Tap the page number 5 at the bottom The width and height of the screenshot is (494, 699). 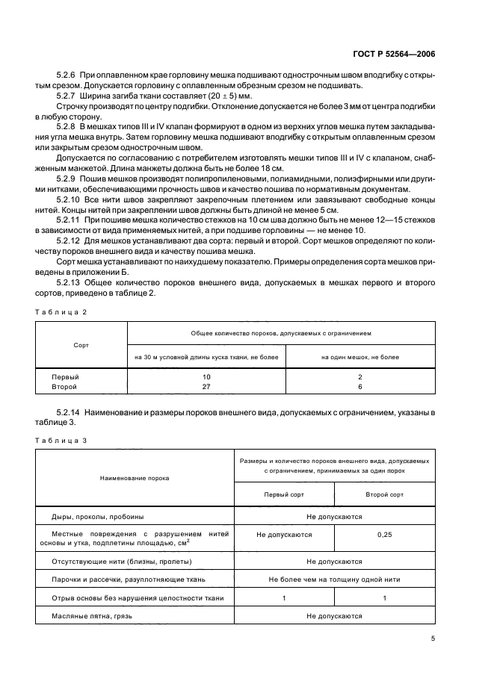click(433, 638)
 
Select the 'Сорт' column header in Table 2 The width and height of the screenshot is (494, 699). click(81, 346)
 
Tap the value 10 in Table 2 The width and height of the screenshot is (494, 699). click(206, 377)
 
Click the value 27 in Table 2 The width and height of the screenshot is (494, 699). click(206, 387)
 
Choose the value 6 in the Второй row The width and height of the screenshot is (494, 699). click(359, 387)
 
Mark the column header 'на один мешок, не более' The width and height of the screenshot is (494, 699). click(359, 357)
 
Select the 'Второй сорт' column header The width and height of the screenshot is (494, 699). click(384, 494)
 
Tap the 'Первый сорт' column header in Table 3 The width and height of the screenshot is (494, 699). click(284, 494)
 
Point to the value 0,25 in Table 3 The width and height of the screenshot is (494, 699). click(384, 535)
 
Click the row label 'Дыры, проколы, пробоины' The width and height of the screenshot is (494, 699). click(97, 516)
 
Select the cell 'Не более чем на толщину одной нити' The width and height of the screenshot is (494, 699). click(334, 579)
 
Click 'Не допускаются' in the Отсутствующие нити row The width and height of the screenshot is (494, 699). click(334, 561)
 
